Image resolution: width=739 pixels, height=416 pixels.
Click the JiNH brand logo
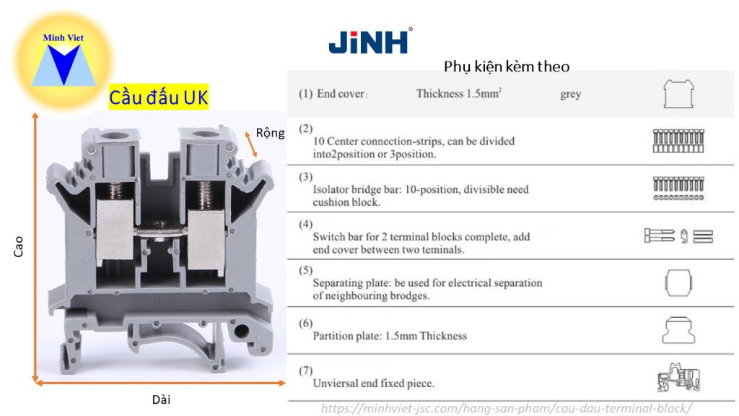pyautogui.click(x=370, y=41)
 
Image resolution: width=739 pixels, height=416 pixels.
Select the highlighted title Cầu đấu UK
pyautogui.click(x=158, y=97)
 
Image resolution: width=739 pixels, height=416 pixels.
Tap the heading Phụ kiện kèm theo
pyautogui.click(x=507, y=66)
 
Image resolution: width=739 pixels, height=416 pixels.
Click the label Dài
pyautogui.click(x=162, y=399)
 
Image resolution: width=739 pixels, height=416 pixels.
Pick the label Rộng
pyautogui.click(x=271, y=133)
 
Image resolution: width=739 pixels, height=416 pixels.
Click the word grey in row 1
pyautogui.click(x=570, y=94)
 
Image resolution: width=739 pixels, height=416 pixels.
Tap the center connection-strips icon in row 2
pyautogui.click(x=678, y=141)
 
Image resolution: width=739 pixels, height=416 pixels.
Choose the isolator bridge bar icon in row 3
pyautogui.click(x=678, y=188)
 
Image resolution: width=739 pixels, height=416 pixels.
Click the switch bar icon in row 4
pyautogui.click(x=678, y=236)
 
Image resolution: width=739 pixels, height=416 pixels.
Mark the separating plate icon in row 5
pyautogui.click(x=678, y=283)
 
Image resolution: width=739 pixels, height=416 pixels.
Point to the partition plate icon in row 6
pyautogui.click(x=678, y=330)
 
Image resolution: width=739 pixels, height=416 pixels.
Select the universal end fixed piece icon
pyautogui.click(x=679, y=378)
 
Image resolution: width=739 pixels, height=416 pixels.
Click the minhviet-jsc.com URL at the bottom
pyautogui.click(x=506, y=408)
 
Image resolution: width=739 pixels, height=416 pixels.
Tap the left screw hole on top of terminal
pyautogui.click(x=113, y=134)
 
